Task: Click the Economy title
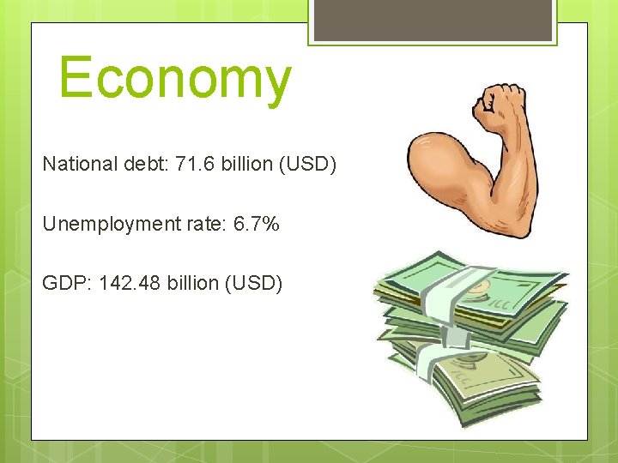[175, 79]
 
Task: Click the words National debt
[105, 164]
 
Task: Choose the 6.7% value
[257, 224]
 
